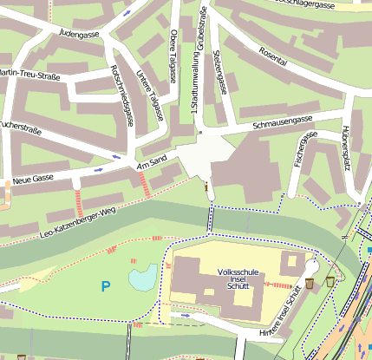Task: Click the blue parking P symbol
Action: (106, 285)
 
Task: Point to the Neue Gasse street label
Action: (32, 180)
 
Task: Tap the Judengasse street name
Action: (77, 36)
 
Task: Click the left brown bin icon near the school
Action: (310, 284)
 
